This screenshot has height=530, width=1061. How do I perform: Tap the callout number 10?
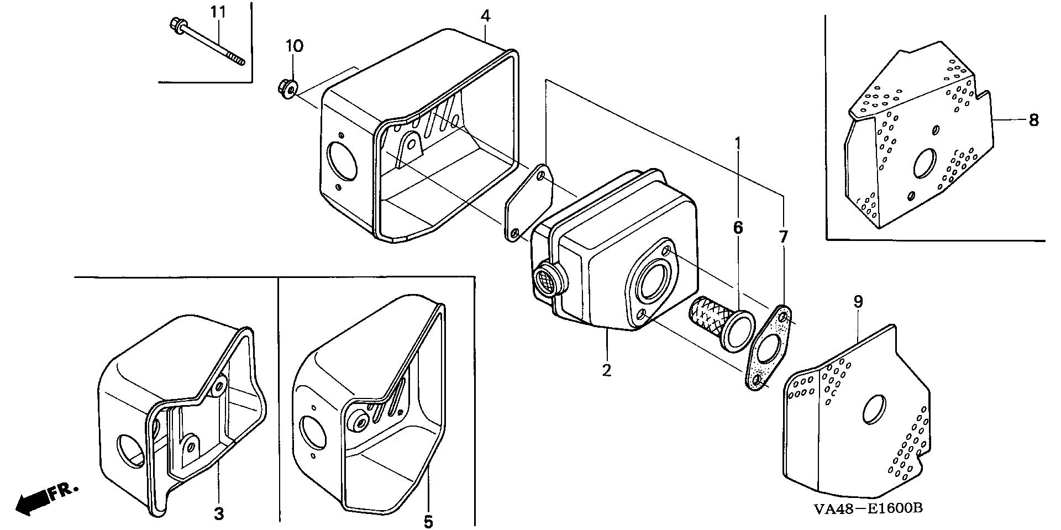(295, 46)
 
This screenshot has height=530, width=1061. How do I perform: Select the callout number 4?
(485, 15)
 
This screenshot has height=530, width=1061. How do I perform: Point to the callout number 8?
(1033, 119)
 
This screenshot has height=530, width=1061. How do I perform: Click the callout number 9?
(858, 302)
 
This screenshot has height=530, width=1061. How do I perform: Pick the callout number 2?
(607, 370)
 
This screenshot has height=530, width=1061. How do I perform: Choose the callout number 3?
(219, 513)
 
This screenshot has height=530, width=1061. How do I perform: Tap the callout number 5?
(428, 521)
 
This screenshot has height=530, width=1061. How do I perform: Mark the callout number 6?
(738, 227)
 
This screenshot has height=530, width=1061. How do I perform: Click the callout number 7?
(784, 237)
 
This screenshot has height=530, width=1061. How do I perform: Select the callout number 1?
(737, 143)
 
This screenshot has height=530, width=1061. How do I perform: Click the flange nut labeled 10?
(287, 88)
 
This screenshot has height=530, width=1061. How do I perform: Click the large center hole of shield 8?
(924, 164)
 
